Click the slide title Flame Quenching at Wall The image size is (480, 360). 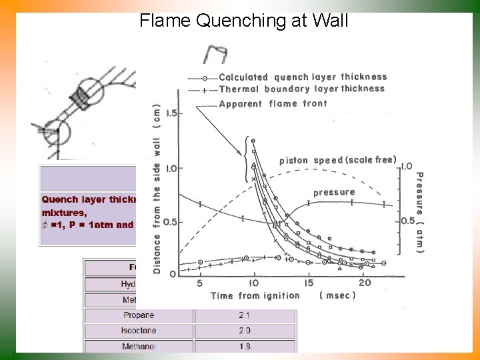(243, 21)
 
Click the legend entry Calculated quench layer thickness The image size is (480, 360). (303, 77)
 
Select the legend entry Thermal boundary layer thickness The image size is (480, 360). (301, 89)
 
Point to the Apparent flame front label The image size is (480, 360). (273, 103)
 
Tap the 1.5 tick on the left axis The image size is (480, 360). (171, 113)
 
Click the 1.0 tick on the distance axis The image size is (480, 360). (171, 169)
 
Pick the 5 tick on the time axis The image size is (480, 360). (199, 283)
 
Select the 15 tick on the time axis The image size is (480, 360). (309, 283)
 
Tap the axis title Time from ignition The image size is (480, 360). (255, 295)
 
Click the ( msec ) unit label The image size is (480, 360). (337, 295)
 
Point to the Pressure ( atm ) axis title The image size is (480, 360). (419, 213)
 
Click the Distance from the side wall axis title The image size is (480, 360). (157, 187)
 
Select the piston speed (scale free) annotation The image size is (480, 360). (338, 160)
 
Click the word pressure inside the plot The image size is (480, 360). (334, 192)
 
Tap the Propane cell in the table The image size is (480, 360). (139, 315)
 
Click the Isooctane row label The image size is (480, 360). (139, 331)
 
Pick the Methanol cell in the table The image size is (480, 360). (139, 347)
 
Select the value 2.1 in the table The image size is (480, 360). (244, 315)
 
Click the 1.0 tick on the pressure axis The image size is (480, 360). (407, 166)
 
